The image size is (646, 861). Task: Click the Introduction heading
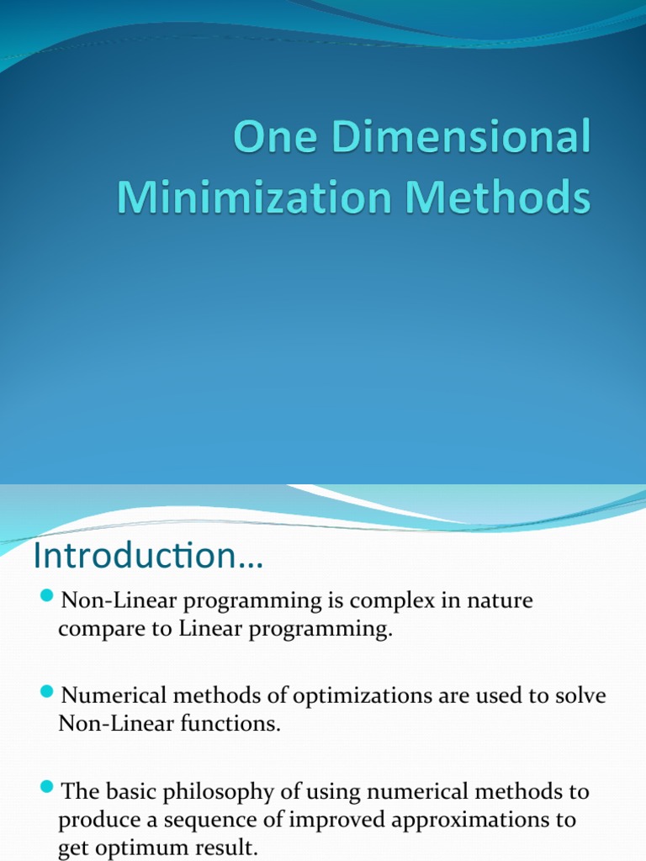click(148, 557)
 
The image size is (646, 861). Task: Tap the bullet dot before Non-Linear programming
click(47, 598)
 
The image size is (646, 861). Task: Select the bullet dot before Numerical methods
click(47, 693)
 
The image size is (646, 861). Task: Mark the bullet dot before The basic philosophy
click(47, 788)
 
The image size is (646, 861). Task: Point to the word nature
click(499, 602)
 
